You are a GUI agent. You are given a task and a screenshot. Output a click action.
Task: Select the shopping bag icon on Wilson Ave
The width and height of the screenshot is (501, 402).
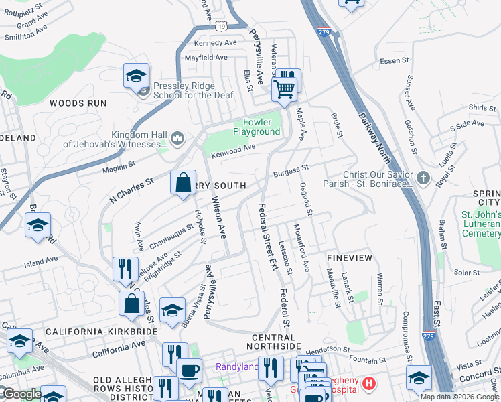[x=183, y=184]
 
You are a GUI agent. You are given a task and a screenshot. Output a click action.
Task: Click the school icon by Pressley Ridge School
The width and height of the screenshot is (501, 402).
[x=136, y=77]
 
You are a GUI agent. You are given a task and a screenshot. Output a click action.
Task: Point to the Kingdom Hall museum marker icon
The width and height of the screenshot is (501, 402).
[x=177, y=139]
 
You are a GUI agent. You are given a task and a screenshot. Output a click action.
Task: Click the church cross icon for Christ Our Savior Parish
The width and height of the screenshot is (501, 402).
[x=422, y=178]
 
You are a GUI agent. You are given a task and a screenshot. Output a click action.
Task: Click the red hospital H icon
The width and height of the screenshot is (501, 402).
[x=368, y=384]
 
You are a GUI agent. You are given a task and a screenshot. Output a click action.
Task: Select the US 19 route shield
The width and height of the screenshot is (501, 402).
[x=222, y=25]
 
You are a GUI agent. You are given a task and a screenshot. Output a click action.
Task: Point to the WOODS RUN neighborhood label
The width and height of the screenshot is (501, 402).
[x=78, y=103]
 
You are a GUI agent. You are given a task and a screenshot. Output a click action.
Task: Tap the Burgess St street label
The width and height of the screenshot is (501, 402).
[x=291, y=172]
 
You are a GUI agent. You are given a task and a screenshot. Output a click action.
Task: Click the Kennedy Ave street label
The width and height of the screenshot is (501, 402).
[x=216, y=42]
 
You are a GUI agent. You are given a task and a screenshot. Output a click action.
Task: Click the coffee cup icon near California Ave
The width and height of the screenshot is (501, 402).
[x=189, y=370]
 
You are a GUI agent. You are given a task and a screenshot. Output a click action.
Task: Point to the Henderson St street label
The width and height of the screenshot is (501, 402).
[x=328, y=351]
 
